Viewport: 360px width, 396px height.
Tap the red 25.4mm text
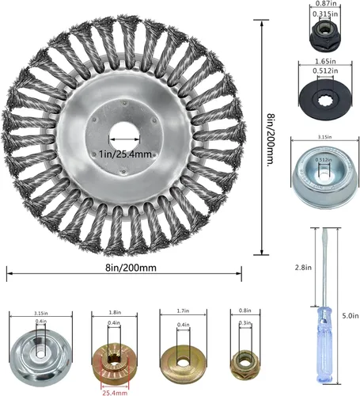pyautogui.click(x=114, y=390)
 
